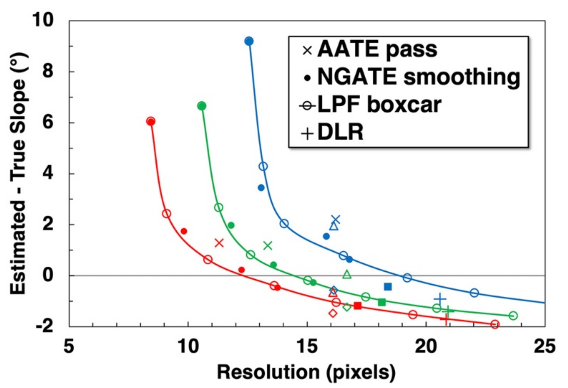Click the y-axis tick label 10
(x=43, y=20)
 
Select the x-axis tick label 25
(x=545, y=346)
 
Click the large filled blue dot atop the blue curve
(x=249, y=41)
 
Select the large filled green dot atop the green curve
(x=202, y=106)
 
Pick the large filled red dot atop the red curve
(x=151, y=121)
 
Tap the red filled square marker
(x=357, y=306)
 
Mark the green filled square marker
(x=382, y=302)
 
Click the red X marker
(x=219, y=243)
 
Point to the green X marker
(x=268, y=246)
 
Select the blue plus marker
(x=440, y=299)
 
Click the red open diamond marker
(x=333, y=313)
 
